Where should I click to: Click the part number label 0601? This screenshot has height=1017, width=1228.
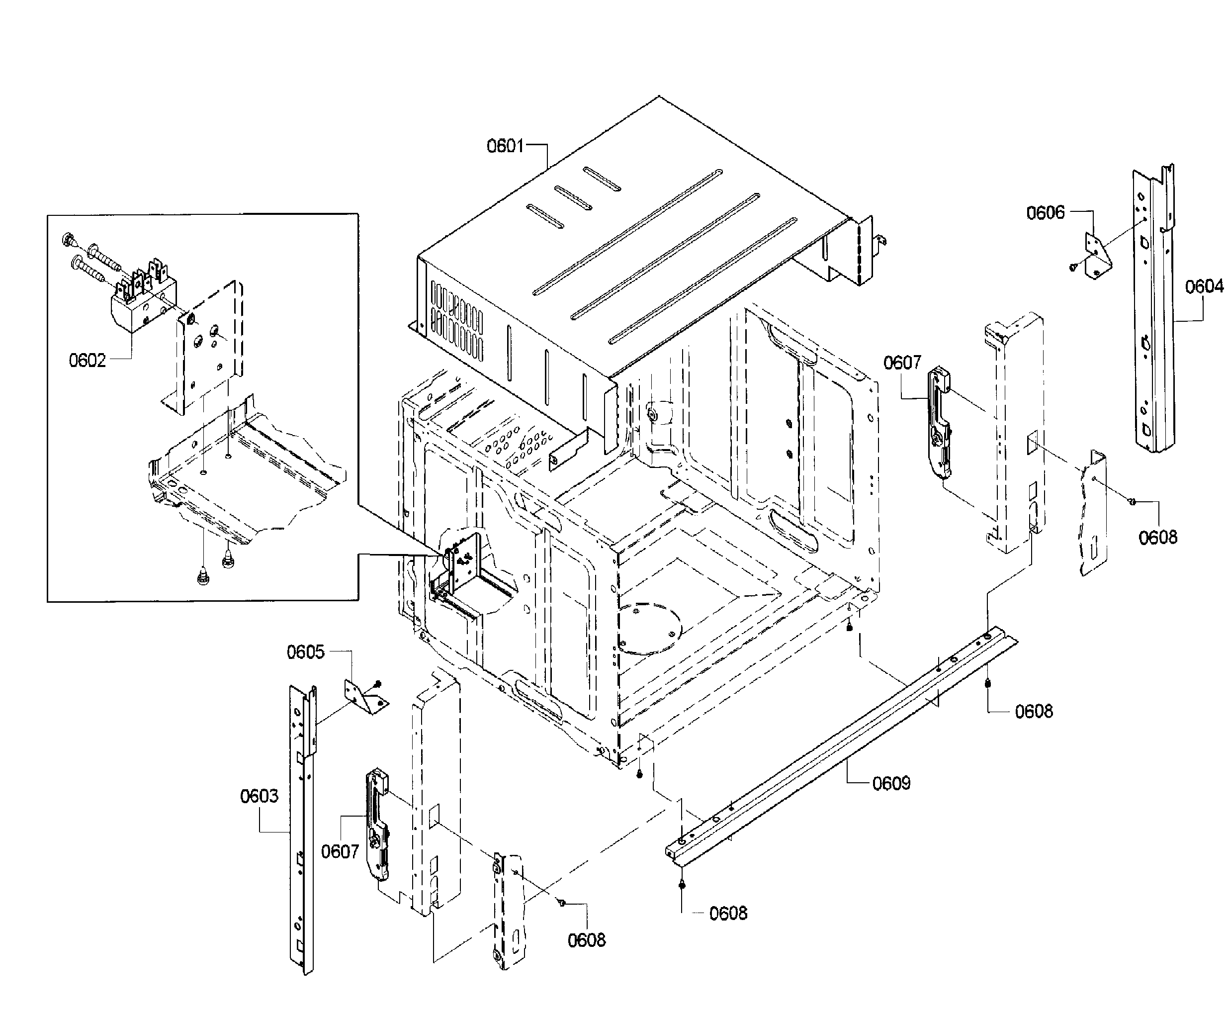click(x=505, y=146)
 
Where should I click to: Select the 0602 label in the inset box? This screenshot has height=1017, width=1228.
click(x=87, y=360)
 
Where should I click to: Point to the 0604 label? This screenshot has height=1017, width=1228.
click(x=1204, y=286)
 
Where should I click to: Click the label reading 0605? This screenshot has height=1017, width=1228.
click(x=305, y=652)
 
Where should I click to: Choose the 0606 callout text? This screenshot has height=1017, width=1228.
click(x=1046, y=212)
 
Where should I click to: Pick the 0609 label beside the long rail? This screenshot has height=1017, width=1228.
click(x=891, y=783)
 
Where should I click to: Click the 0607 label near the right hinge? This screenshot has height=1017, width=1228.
click(x=902, y=363)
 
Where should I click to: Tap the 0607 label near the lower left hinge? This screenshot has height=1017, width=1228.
click(x=340, y=851)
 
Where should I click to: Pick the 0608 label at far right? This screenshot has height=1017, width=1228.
click(x=1157, y=538)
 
